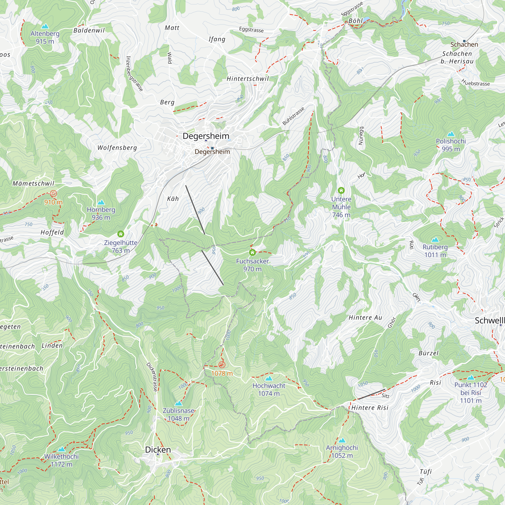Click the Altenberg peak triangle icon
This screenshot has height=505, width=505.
click(x=45, y=26)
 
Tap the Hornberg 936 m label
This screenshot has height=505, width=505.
click(x=101, y=214)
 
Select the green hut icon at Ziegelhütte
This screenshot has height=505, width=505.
click(x=120, y=234)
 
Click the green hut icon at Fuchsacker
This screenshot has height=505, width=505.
click(x=252, y=252)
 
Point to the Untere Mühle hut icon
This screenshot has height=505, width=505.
click(x=341, y=190)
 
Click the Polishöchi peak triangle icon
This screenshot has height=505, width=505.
click(x=451, y=134)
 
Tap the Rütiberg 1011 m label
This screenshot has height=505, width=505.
click(x=435, y=251)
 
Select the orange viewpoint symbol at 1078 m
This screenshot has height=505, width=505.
click(x=222, y=365)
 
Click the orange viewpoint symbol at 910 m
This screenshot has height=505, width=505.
click(x=53, y=194)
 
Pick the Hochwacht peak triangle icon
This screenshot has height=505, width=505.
click(x=269, y=378)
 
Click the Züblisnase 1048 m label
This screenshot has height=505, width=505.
click(x=179, y=415)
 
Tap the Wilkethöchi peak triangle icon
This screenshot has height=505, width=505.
click(x=61, y=449)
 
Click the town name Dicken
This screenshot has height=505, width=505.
click(x=158, y=450)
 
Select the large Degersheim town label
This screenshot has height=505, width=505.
click(x=206, y=136)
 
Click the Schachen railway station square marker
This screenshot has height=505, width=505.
click(x=464, y=41)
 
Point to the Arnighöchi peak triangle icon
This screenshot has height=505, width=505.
click(x=342, y=440)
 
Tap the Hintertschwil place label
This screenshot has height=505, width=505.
click(x=247, y=79)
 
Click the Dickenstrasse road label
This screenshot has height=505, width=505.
click(x=152, y=377)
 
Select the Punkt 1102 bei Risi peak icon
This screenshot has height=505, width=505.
click(x=470, y=377)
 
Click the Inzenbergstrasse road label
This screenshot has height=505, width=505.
click(x=134, y=74)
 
